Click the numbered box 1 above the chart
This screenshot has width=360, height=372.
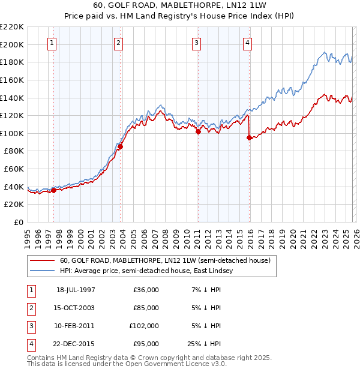pos(52,43)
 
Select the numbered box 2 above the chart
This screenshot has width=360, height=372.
pos(119,43)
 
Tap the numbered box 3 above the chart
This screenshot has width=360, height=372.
pos(196,43)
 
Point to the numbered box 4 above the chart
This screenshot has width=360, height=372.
pos(247,43)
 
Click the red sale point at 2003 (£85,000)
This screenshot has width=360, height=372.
pos(120,146)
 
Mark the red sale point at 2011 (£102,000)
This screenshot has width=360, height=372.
pos(197,131)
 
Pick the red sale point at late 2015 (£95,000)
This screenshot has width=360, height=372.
pos(249,137)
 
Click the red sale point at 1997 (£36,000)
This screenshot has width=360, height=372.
pos(54,190)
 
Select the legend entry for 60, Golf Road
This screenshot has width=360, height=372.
pos(165,260)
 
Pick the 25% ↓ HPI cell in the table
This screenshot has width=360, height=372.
pos(204,344)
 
